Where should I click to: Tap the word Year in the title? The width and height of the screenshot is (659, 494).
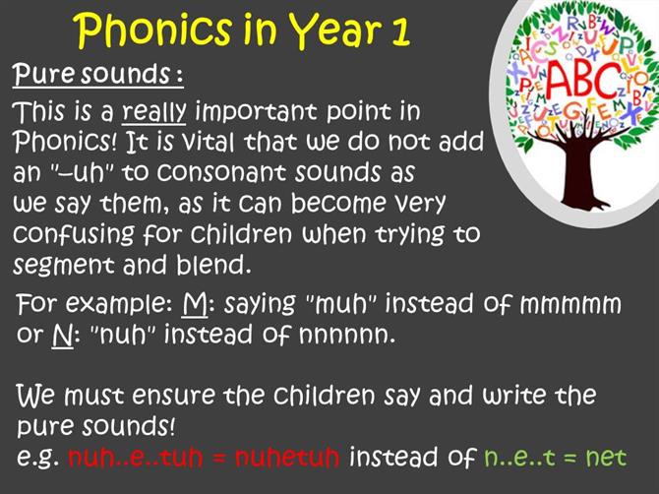tap(333, 31)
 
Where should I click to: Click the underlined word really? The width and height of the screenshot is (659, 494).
tap(153, 112)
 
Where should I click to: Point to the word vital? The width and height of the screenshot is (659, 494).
tap(210, 142)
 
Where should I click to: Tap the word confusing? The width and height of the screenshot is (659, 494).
tap(74, 234)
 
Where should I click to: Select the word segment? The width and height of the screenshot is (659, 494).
tap(64, 266)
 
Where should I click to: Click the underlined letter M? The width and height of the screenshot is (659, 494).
tap(195, 303)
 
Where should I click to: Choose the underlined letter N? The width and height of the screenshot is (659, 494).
tap(62, 336)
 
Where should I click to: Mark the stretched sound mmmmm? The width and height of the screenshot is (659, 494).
tap(570, 304)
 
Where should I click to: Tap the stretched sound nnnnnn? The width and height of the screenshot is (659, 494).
tap(347, 336)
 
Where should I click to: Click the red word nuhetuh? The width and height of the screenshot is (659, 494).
tap(287, 457)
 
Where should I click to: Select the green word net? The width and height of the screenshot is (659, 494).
tap(606, 458)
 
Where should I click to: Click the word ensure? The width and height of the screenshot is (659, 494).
tap(173, 396)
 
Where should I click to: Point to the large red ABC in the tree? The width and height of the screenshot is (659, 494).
tap(582, 81)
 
